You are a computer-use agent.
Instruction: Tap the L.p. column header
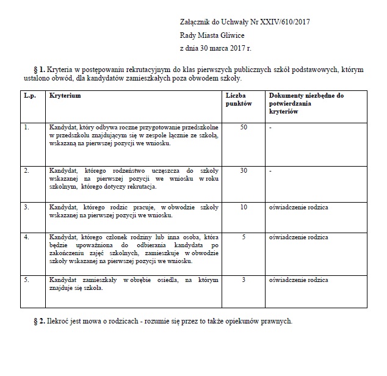coord(29,96)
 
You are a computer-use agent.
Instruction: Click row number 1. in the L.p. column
coord(26,127)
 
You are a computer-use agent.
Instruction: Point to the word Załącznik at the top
coord(198,23)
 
